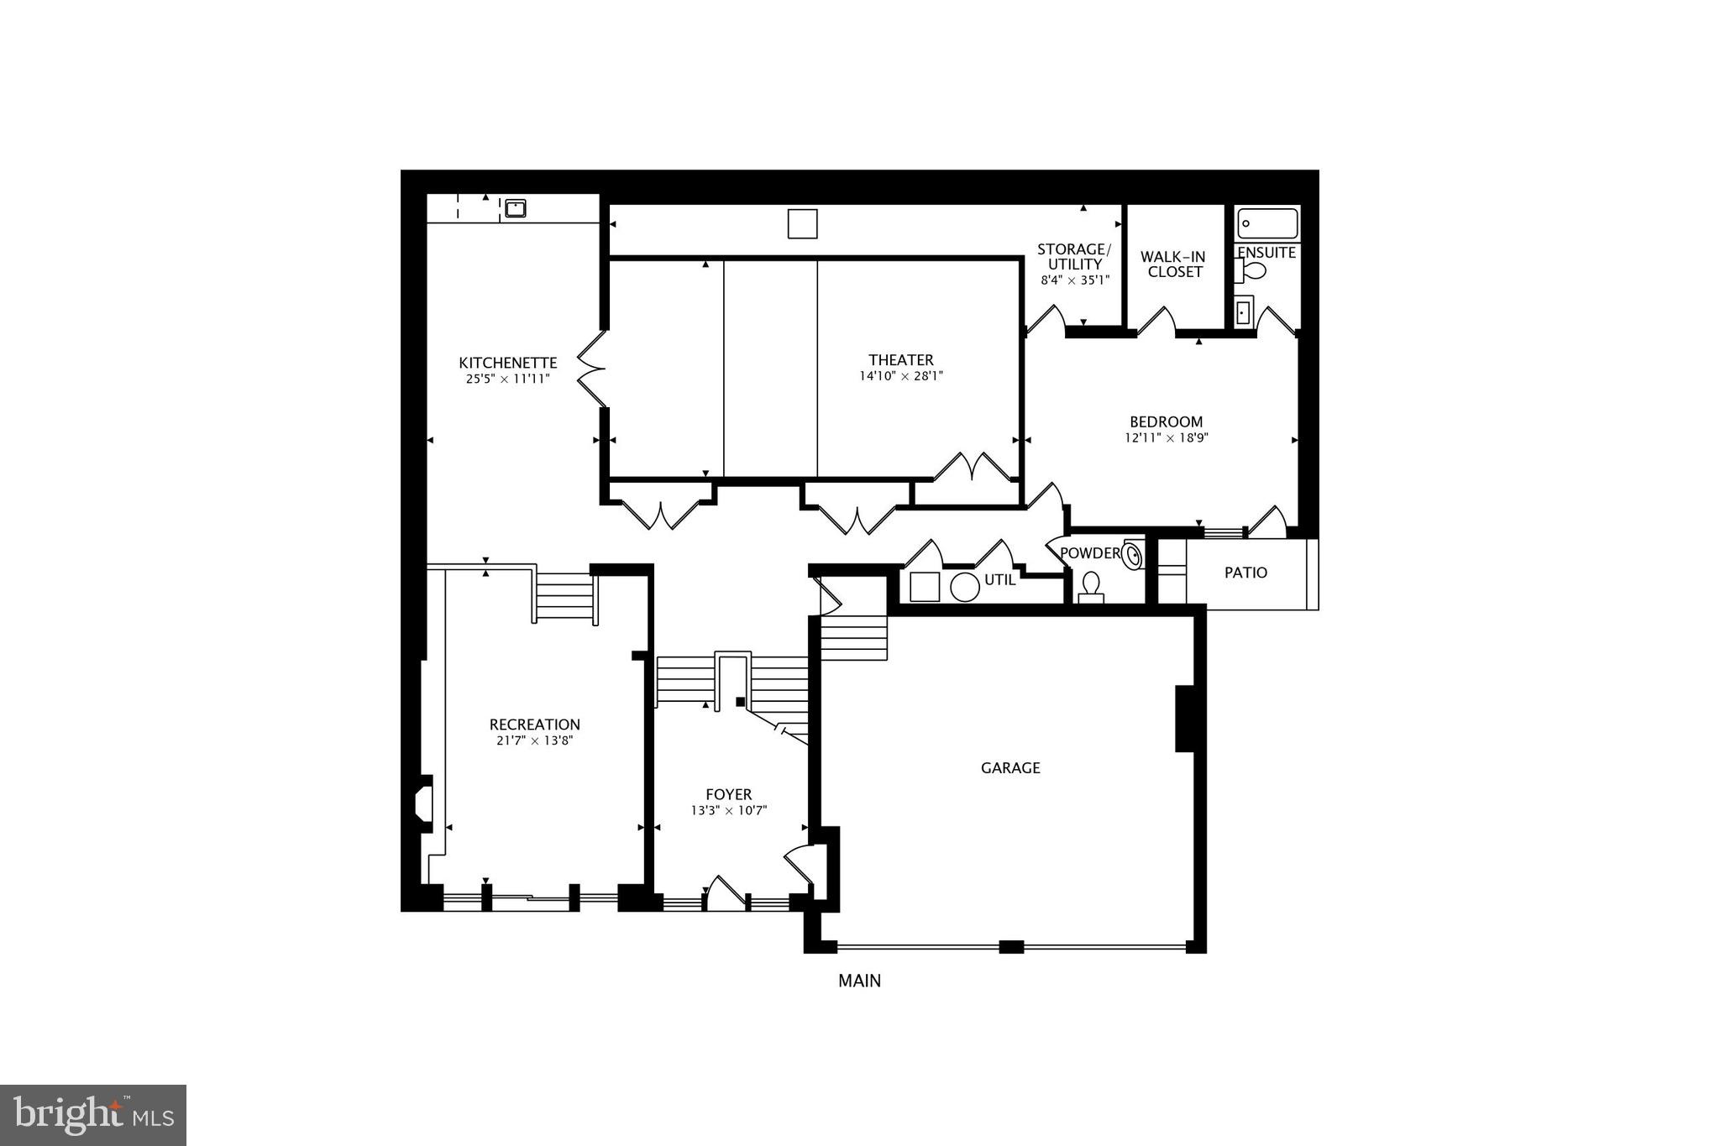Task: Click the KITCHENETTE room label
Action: point(507,363)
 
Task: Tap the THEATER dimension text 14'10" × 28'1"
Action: point(900,377)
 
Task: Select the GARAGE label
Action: point(1010,767)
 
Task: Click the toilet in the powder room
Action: point(1092,586)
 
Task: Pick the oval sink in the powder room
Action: point(1134,555)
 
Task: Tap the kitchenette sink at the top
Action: point(515,207)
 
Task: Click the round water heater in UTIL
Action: point(965,587)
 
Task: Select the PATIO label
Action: point(1245,573)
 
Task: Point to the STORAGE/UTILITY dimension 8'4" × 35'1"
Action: point(1075,280)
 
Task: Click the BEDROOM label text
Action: point(1166,421)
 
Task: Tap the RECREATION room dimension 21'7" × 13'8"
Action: point(534,740)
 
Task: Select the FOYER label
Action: point(728,794)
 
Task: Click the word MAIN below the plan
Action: point(859,981)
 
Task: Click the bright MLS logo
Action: point(93,1114)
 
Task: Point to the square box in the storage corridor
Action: point(802,223)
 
